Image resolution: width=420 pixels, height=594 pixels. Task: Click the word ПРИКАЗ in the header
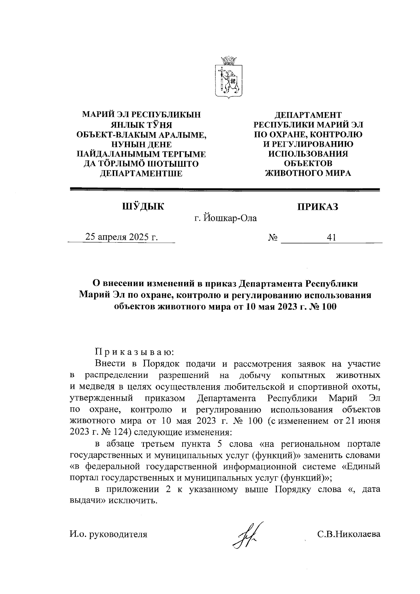(x=317, y=207)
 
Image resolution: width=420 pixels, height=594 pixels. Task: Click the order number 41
(x=331, y=238)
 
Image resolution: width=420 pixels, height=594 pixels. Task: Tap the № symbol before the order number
(x=273, y=238)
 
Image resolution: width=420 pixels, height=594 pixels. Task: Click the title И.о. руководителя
(x=108, y=534)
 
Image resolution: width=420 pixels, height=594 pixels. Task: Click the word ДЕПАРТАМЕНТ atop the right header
(x=308, y=115)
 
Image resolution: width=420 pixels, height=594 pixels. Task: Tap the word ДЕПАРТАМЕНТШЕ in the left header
(x=141, y=173)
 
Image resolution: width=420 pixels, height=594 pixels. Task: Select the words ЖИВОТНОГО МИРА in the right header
(x=308, y=173)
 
